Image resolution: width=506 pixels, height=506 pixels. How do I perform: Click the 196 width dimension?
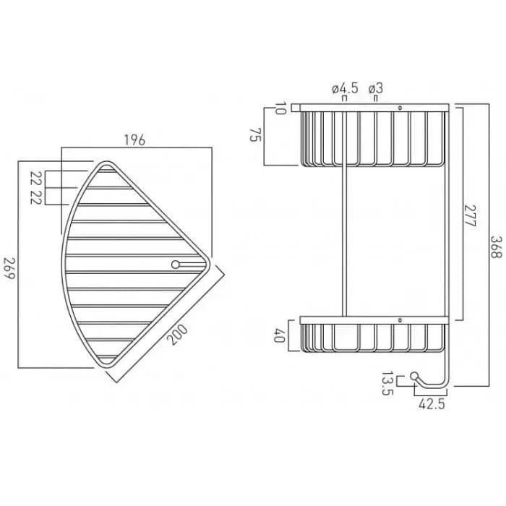click(134, 140)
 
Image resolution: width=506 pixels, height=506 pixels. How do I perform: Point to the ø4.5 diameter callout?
click(345, 88)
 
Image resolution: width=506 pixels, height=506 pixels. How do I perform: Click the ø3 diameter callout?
click(375, 88)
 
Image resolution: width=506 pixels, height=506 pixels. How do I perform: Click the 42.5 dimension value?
click(431, 406)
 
